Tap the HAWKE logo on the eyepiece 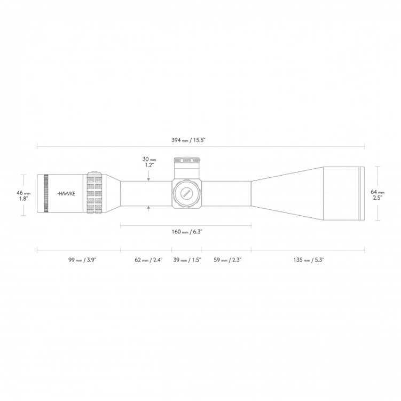point(66,194)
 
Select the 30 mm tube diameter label point(149,159)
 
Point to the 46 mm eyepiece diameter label point(23,192)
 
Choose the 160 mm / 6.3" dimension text point(186,232)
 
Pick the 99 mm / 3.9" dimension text point(78,260)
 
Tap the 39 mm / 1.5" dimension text point(186,260)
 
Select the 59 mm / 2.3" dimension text point(226,260)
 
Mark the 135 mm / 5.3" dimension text point(309,260)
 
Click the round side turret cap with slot point(186,194)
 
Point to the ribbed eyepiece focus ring point(46,194)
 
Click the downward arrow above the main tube point(149,178)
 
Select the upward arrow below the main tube point(149,209)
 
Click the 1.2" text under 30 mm point(149,166)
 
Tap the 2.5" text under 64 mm point(378,197)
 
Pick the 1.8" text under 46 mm point(23,198)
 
